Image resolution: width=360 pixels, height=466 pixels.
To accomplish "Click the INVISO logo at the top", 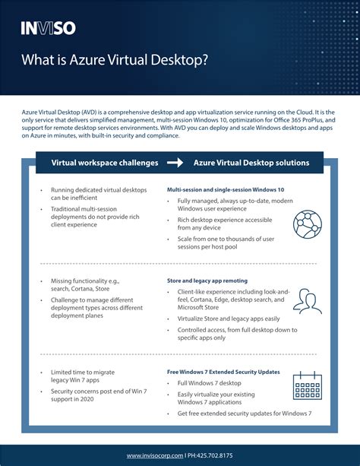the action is click(48, 29).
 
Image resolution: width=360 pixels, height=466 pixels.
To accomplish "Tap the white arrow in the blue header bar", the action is click(175, 163).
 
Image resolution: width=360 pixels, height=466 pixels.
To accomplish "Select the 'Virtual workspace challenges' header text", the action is click(105, 163).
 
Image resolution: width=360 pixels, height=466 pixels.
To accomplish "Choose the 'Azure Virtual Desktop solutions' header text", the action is click(251, 163).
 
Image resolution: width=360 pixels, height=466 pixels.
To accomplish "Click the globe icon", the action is click(307, 223).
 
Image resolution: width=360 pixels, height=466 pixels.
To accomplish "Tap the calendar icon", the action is click(307, 385).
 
